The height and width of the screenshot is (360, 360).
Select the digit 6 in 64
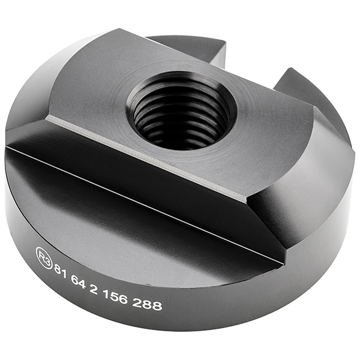coord(77,277)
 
